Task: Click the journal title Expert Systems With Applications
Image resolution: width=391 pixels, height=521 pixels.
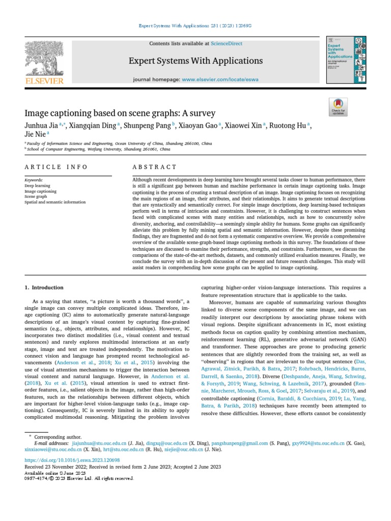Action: (195, 61)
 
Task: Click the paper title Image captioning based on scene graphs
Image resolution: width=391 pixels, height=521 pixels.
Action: (120, 113)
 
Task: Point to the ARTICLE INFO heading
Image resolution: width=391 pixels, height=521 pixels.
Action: (56, 167)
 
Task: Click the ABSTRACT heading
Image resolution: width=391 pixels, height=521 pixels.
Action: (154, 167)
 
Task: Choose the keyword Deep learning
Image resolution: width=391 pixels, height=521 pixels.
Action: (37, 186)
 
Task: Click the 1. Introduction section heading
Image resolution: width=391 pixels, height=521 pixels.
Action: (44, 287)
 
